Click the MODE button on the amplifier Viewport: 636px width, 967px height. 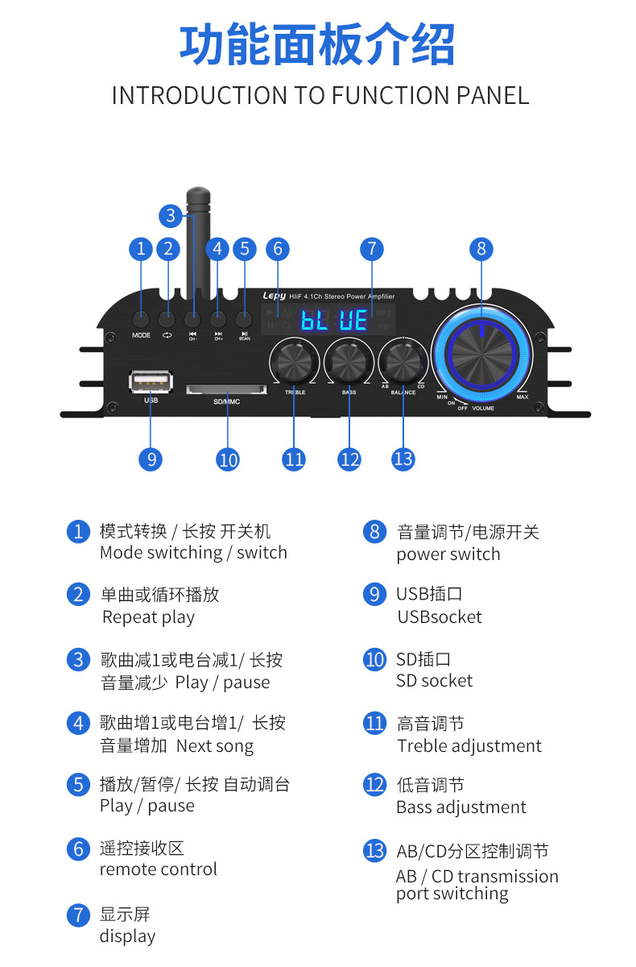click(142, 319)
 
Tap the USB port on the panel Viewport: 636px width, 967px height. click(151, 381)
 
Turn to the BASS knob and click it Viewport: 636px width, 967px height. click(349, 359)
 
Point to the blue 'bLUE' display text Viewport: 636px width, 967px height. click(334, 320)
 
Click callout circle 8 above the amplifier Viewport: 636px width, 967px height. click(481, 249)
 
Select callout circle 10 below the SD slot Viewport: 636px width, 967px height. click(228, 459)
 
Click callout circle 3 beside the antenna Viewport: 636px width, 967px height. click(171, 216)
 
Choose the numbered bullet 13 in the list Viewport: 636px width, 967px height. click(374, 850)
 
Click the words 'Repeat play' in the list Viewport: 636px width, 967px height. click(148, 617)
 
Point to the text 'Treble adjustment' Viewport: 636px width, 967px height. click(469, 746)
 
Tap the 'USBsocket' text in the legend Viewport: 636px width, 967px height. click(439, 617)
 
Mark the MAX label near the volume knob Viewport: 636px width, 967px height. click(522, 397)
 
